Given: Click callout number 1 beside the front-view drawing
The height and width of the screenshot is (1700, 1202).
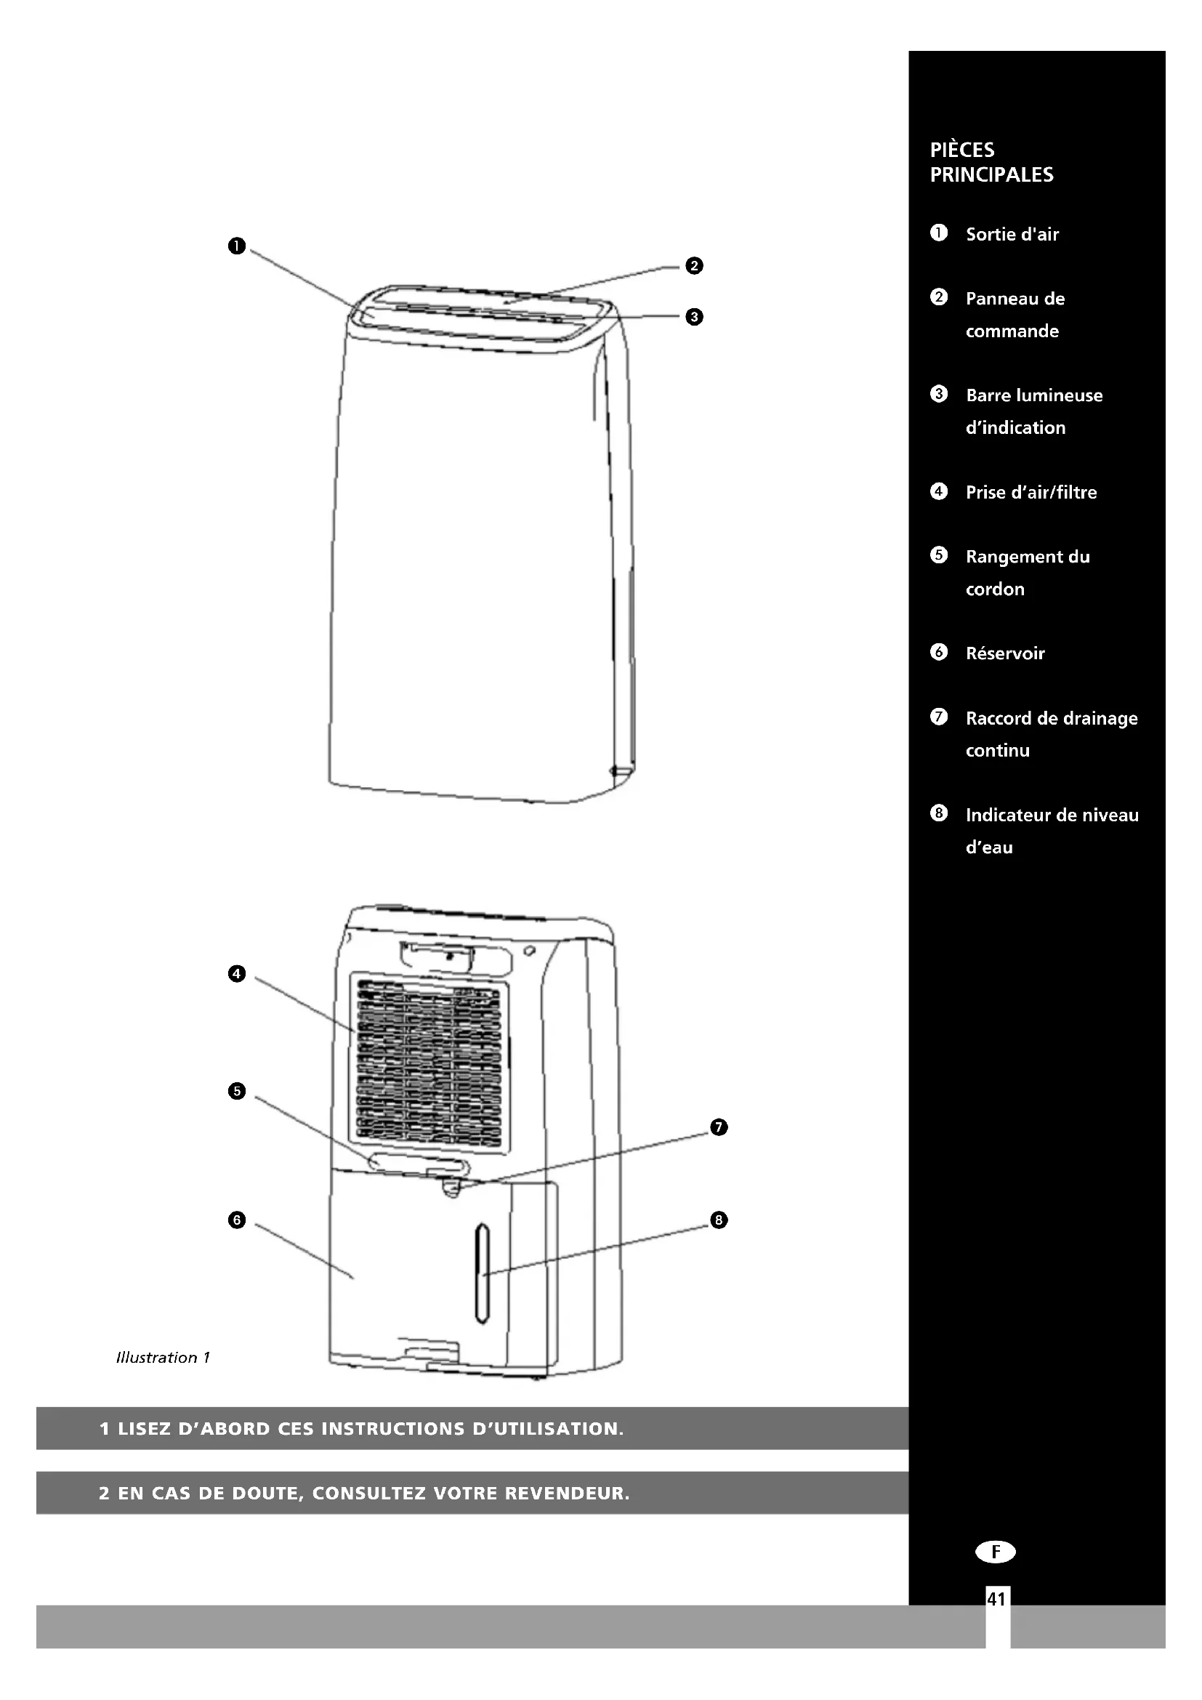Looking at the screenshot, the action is pos(237,246).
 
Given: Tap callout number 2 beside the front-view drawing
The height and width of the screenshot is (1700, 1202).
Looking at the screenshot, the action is pos(693,266).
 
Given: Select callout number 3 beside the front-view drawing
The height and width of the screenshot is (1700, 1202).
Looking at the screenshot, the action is pos(693,317).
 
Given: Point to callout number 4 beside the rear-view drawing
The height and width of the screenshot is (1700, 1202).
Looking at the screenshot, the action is pos(237,974).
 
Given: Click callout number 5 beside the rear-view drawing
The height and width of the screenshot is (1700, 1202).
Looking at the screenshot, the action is pos(237,1092).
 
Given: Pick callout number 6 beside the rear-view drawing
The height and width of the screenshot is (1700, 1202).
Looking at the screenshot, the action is pos(237,1220).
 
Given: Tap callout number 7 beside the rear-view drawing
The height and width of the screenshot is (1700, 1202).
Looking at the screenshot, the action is pos(719,1128).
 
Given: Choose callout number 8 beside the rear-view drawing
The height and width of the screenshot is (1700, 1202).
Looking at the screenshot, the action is pos(719,1220).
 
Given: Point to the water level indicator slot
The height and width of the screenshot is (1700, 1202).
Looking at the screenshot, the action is pos(483,1273).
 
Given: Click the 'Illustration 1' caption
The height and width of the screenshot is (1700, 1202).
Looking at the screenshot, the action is pos(163,1357).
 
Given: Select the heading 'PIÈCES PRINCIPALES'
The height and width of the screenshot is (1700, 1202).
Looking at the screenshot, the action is pos(991,162).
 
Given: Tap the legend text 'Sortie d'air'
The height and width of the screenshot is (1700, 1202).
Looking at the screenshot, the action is pos(1012,235).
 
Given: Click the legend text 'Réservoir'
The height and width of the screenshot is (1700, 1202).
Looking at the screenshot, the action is pos(1004,654).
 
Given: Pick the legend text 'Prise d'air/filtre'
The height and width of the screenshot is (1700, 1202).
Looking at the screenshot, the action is pos(1031,492).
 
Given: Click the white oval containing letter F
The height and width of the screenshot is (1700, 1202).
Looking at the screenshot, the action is pos(996,1551).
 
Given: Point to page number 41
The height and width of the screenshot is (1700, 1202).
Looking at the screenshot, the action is pos(996,1599).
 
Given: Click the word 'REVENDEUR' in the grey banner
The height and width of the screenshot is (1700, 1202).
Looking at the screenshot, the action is pos(566,1494).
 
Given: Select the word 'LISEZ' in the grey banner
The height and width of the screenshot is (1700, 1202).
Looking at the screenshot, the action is pos(145,1429).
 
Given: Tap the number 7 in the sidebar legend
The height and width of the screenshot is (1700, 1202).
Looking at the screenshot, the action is pos(938,717).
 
